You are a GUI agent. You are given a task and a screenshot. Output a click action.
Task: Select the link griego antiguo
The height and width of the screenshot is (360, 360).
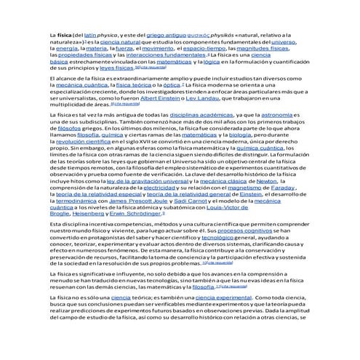point(167,34)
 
